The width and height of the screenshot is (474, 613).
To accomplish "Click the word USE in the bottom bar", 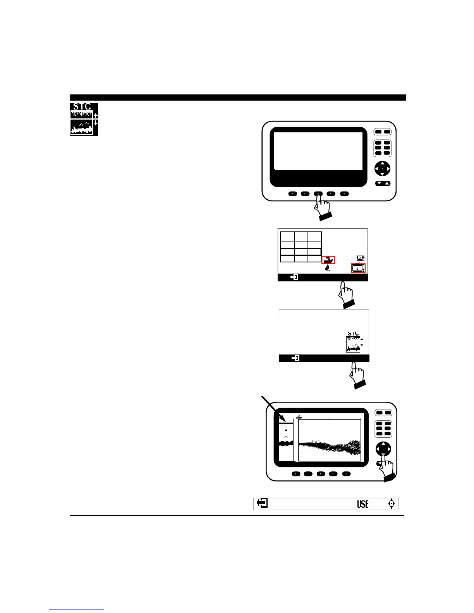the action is [363, 504].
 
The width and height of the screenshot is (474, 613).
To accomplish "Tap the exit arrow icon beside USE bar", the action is [262, 503].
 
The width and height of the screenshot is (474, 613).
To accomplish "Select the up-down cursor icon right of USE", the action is [392, 504].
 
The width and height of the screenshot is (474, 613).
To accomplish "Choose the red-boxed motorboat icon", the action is [328, 260].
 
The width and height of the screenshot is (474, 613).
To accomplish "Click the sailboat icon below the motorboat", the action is [328, 268].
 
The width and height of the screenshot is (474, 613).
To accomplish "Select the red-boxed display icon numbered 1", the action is [358, 268].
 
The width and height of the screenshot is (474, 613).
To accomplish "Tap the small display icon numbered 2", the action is [360, 258].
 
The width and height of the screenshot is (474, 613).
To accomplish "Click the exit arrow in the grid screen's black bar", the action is [294, 277].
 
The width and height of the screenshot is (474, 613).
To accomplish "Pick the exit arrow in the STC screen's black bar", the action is [295, 358].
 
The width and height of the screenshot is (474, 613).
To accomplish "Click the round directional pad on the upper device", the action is [382, 169].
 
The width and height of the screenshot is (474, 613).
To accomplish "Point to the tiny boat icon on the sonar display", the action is [299, 417].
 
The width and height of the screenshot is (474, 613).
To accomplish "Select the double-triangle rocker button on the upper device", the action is [383, 183].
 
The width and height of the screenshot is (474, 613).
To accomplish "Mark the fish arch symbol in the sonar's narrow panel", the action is [286, 437].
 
